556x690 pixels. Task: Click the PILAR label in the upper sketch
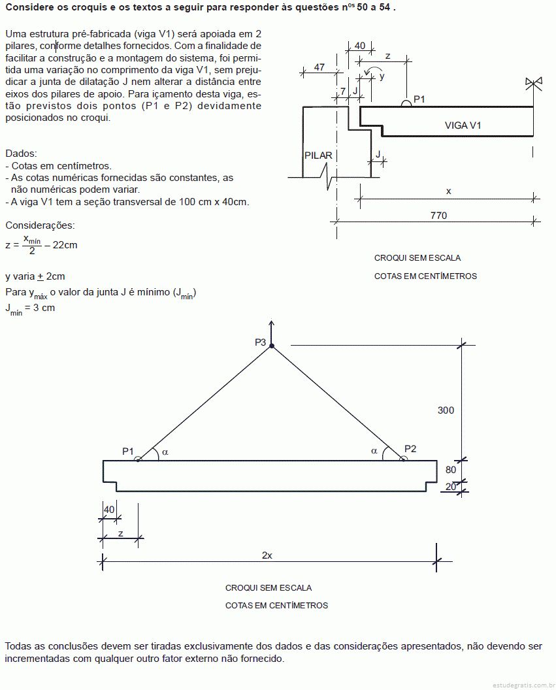(318, 156)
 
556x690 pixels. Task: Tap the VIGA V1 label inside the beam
(463, 125)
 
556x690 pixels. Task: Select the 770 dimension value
(438, 215)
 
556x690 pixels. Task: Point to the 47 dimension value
(319, 67)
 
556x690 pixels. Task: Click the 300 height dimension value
(446, 410)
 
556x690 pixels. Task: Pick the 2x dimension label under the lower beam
(267, 555)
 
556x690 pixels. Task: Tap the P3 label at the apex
(261, 342)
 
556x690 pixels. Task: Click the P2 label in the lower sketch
(410, 448)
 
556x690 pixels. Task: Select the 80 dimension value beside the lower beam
(450, 470)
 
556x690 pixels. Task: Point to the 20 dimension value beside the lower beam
(450, 486)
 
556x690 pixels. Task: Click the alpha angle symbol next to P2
(374, 451)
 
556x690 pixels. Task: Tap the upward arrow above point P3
(271, 331)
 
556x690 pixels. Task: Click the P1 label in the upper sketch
(419, 99)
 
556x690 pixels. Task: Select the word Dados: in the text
(21, 154)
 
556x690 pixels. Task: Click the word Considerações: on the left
(40, 225)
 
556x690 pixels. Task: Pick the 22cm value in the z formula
(65, 245)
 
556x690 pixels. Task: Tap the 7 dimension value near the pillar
(343, 91)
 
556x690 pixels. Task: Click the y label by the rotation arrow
(382, 76)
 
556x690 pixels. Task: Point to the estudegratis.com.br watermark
(523, 685)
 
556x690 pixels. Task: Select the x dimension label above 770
(448, 191)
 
